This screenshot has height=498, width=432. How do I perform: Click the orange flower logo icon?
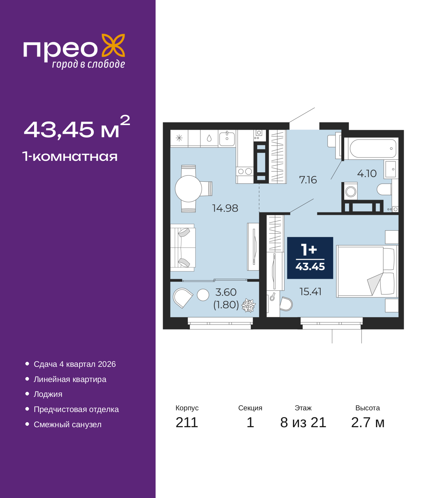click(113, 45)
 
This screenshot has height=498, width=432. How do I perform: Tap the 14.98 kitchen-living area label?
click(225, 208)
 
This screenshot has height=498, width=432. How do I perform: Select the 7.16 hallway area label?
click(308, 180)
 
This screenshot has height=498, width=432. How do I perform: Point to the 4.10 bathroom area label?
click(367, 173)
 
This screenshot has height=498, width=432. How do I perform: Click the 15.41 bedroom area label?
click(310, 292)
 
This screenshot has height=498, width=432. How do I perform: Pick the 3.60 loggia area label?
click(226, 292)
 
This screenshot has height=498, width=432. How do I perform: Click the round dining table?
click(188, 189)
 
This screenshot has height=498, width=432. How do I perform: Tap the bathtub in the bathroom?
click(372, 148)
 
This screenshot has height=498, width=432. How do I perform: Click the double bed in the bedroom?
click(367, 271)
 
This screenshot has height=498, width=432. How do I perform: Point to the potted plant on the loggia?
click(248, 305)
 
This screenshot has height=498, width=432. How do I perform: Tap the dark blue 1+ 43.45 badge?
click(310, 258)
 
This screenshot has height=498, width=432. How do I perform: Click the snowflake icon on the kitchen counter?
click(179, 138)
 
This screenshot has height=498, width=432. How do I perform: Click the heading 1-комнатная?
click(70, 156)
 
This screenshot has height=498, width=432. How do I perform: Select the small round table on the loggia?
click(203, 295)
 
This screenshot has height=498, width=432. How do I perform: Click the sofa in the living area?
click(183, 248)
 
